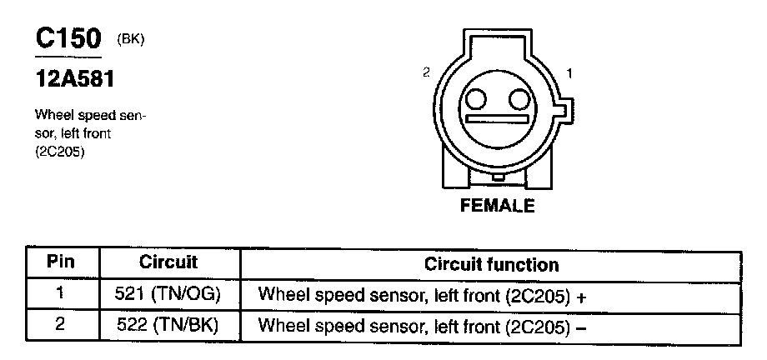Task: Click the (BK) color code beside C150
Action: [131, 38]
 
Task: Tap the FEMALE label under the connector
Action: [497, 205]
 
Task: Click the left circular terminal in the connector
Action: [476, 100]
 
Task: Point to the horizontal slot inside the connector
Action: [498, 119]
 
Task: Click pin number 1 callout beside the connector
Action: [569, 73]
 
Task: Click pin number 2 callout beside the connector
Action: [426, 73]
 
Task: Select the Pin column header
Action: [60, 262]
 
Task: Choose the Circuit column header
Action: [168, 262]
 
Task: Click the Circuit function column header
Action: [491, 265]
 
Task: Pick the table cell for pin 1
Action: [60, 294]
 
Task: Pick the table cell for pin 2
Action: [60, 324]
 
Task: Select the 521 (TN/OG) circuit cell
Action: [168, 294]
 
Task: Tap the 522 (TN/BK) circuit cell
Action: [168, 324]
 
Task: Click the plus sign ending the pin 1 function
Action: [582, 296]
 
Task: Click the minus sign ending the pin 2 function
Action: [582, 326]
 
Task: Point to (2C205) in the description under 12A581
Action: [60, 153]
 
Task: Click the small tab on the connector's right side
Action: [565, 108]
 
